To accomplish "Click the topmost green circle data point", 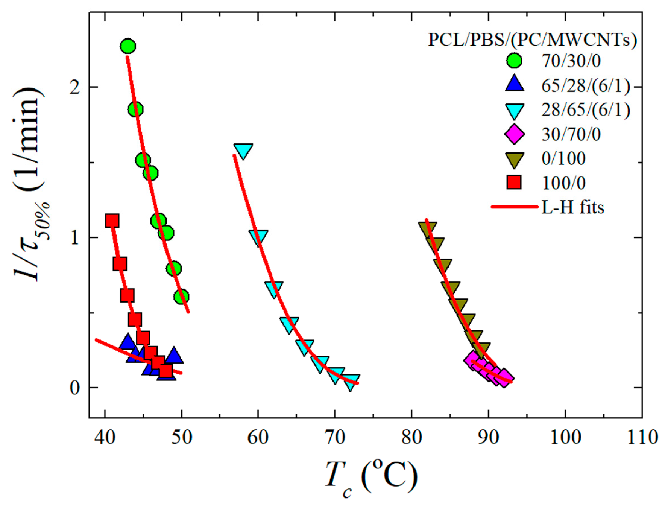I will tap(128, 46).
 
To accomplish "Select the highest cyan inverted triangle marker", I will tap(243, 151).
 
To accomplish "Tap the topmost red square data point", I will tap(112, 221).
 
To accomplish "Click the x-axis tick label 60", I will tap(258, 438).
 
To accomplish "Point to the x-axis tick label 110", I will tap(642, 438).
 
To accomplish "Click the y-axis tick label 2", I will tap(75, 87).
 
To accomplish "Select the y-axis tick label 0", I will tap(75, 388).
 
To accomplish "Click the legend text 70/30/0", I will tap(571, 61).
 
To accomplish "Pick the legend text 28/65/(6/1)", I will tap(585, 110).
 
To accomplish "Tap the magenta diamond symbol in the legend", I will tap(514, 134).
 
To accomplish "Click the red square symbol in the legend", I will tap(514, 183).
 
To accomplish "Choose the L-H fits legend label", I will tap(572, 207).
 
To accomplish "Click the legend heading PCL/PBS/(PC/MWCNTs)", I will tap(532, 39).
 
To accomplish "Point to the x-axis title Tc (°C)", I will tap(371, 477).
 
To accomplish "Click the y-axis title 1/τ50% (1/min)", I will tap(29, 184).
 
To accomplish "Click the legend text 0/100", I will tap(563, 158).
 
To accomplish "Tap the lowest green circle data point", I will tap(181, 297).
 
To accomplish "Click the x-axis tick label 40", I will tap(105, 438).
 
